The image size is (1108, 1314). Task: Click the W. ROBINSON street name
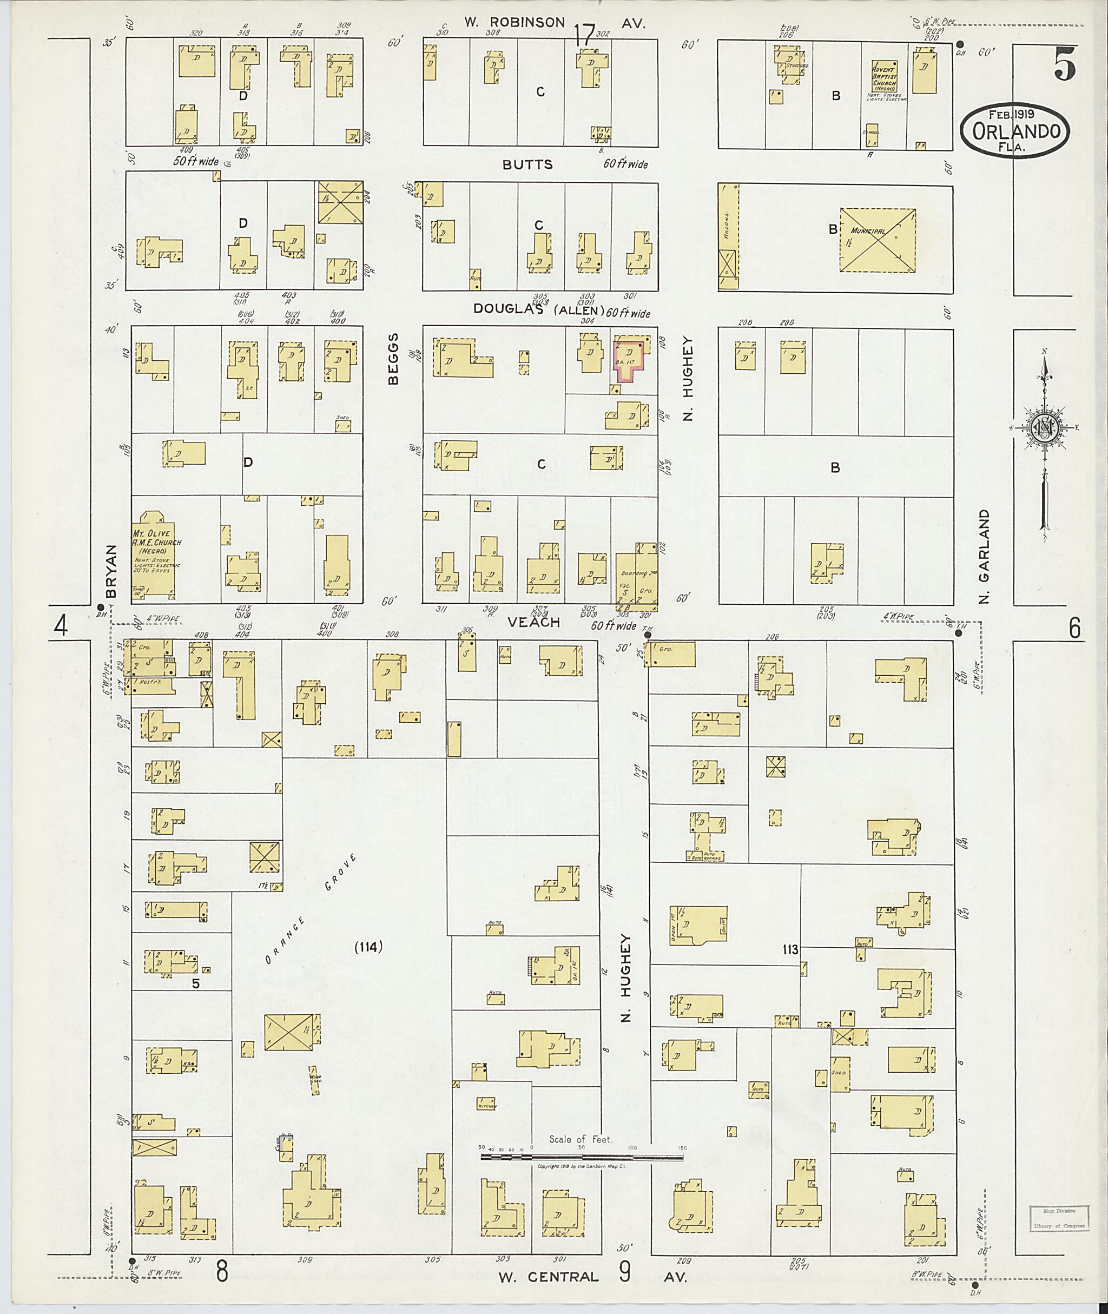515,23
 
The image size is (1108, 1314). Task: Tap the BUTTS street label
527,164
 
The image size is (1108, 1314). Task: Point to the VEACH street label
533,622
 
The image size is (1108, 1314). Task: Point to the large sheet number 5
1064,64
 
